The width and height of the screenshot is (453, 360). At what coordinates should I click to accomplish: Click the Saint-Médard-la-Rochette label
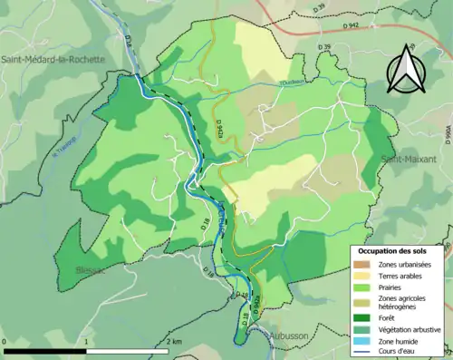click(x=53, y=60)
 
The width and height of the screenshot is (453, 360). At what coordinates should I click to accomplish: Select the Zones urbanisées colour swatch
click(x=364, y=264)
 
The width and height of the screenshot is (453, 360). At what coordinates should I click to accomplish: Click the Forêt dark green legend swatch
click(x=364, y=316)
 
